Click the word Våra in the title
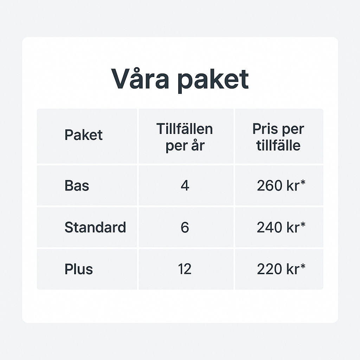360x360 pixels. click(140, 78)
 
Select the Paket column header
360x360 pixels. click(83, 135)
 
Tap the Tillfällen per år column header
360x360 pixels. click(185, 137)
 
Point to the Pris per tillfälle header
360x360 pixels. click(278, 137)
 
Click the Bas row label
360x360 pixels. click(77, 185)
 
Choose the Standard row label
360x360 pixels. click(95, 227)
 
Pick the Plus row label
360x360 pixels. click(78, 269)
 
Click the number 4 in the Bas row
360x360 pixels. click(185, 185)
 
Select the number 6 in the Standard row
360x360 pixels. click(185, 227)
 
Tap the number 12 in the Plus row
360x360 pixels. click(185, 269)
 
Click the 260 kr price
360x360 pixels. click(278, 185)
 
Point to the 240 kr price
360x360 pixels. click(278, 227)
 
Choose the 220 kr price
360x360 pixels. click(278, 269)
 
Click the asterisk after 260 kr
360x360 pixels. click(303, 182)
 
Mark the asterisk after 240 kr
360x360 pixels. click(303, 224)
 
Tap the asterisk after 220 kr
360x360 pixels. click(303, 266)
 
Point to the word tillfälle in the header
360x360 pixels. click(278, 145)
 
